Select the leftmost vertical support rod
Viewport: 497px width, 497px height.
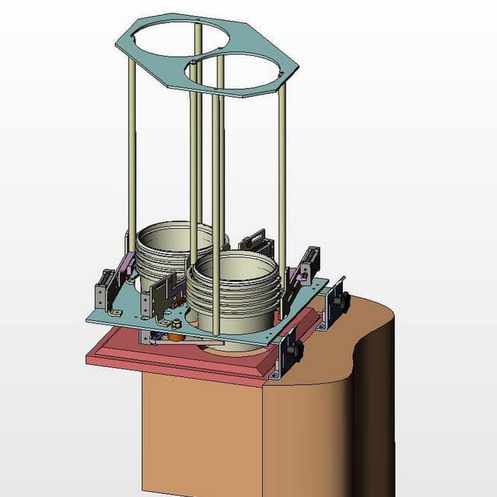coord(131,149)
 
